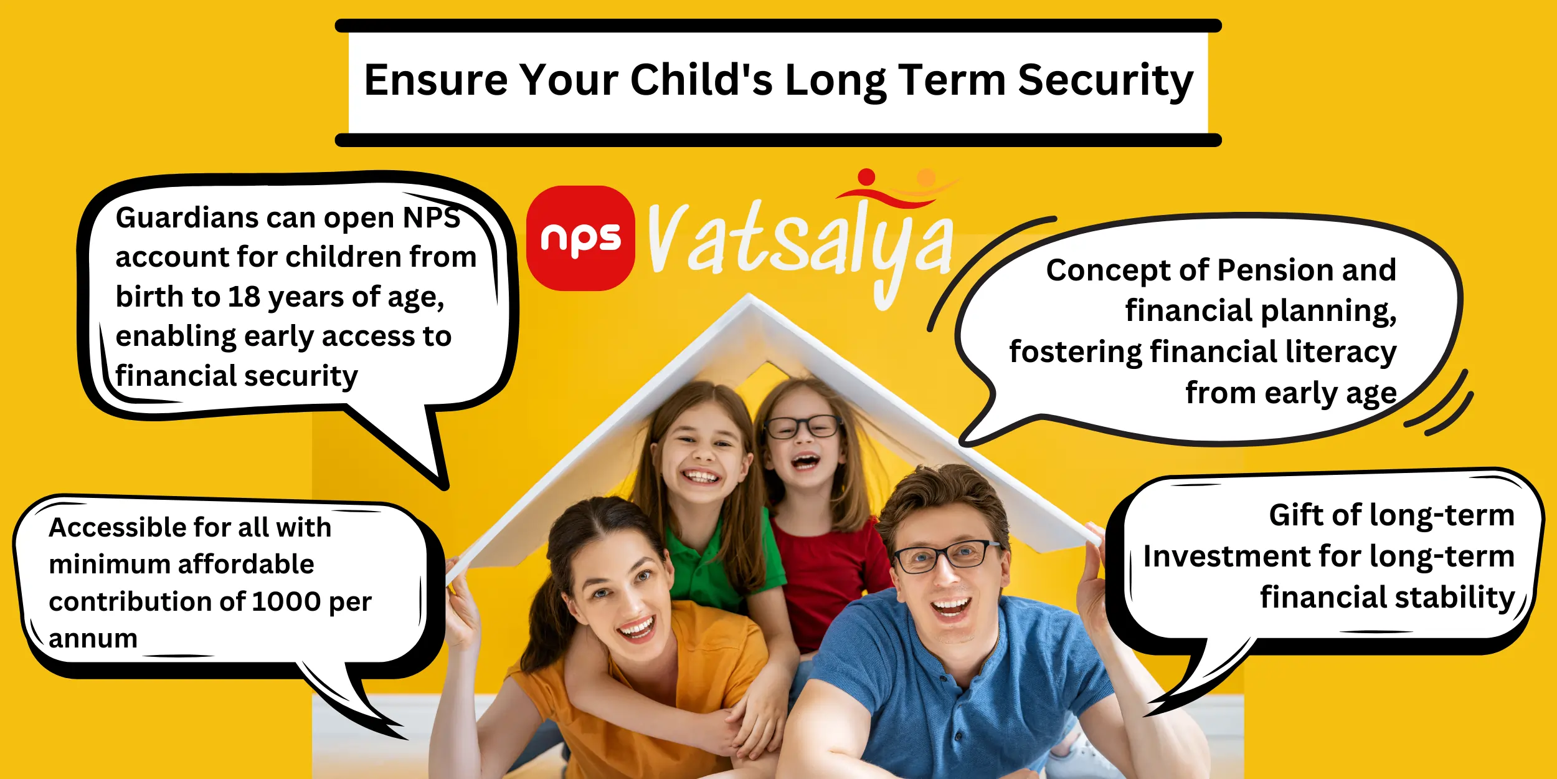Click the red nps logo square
click(580, 238)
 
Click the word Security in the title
click(1105, 81)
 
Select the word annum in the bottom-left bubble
click(93, 639)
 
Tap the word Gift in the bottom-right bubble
click(1297, 515)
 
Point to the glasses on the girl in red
click(803, 427)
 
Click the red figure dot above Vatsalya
click(866, 177)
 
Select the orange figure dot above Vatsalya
click(926, 178)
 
